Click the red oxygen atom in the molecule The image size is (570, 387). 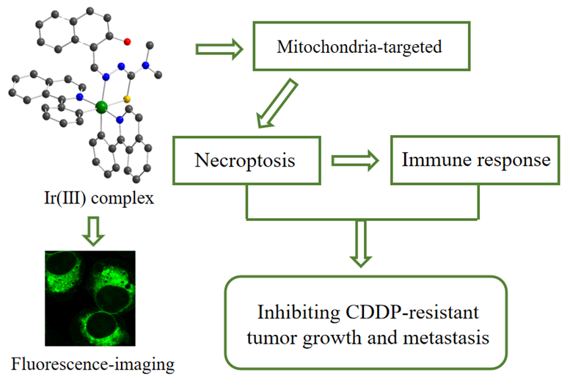click(x=127, y=42)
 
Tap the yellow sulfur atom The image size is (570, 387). click(x=127, y=99)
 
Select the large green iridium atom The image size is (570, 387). click(x=101, y=107)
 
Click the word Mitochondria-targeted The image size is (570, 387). click(x=359, y=47)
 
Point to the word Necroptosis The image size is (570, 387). click(x=244, y=160)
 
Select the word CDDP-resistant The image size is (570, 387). click(x=412, y=312)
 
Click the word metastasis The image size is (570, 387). click(x=446, y=338)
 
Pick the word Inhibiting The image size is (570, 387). click(x=299, y=313)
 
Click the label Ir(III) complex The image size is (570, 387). click(x=99, y=198)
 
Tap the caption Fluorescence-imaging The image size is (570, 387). click(x=92, y=364)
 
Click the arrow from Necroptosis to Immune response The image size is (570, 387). click(x=355, y=161)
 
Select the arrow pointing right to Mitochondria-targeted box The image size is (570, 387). click(x=219, y=48)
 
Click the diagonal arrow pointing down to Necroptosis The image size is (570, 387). click(x=277, y=104)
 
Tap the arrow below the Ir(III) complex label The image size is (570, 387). click(x=93, y=231)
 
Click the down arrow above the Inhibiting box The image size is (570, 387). click(x=361, y=244)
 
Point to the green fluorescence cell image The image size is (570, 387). click(x=90, y=298)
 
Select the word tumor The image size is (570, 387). click(x=272, y=338)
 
